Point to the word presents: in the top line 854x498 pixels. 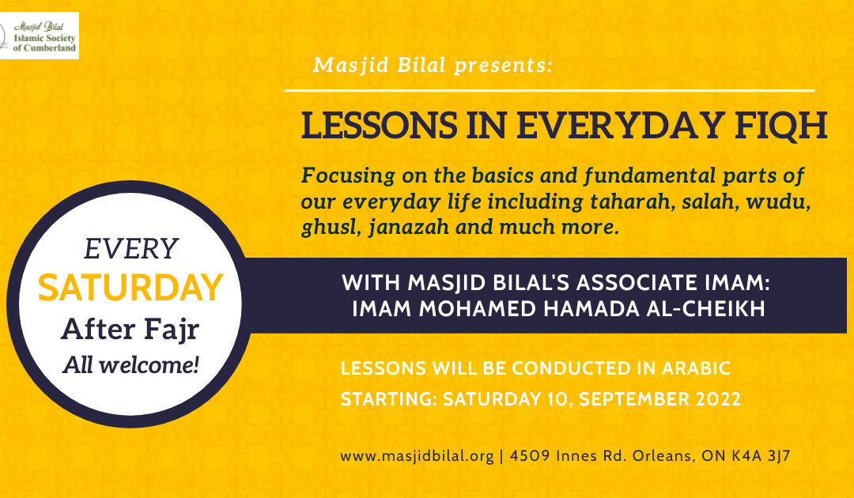pos(504,66)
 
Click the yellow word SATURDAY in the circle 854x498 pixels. pos(130,288)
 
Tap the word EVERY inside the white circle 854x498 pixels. pos(130,250)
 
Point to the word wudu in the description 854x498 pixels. pos(784,202)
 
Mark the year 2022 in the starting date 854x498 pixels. pos(712,400)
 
